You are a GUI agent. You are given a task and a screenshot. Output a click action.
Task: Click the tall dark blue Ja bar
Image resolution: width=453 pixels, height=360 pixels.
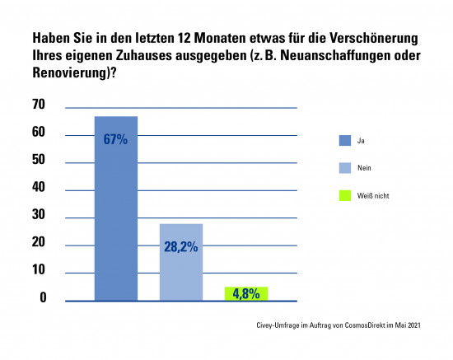(x=116, y=208)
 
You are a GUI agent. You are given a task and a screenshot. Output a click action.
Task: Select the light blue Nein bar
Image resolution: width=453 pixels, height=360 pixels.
(x=181, y=262)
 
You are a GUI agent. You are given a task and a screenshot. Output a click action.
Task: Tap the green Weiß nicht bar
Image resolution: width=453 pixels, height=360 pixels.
(x=246, y=294)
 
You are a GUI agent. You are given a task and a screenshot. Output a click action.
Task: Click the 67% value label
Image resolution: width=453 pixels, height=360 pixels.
(x=115, y=139)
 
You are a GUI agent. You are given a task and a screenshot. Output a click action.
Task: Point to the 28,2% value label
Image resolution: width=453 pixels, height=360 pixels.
(x=181, y=247)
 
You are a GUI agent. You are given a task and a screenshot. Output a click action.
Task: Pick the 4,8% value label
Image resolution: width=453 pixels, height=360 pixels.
(x=246, y=294)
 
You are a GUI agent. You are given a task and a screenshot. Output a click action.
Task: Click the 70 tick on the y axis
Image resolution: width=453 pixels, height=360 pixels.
(x=39, y=105)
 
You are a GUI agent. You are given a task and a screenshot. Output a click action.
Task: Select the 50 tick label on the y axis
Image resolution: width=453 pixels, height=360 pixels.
(x=39, y=160)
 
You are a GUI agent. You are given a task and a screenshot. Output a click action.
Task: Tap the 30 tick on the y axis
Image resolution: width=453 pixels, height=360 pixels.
(x=39, y=215)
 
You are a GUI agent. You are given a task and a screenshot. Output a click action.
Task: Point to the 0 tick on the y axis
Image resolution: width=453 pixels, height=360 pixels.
(x=43, y=297)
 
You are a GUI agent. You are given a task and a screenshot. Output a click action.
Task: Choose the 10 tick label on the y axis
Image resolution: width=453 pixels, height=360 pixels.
(x=39, y=269)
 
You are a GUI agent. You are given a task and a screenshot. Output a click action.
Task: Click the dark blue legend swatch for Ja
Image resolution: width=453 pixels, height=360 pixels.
(x=345, y=140)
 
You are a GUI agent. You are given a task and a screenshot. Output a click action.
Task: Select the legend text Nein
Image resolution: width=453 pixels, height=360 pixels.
(x=364, y=168)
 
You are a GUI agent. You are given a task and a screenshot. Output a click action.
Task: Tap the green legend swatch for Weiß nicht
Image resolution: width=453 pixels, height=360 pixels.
(x=345, y=195)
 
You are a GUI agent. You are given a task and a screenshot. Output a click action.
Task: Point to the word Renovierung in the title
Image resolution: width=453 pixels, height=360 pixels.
(x=68, y=72)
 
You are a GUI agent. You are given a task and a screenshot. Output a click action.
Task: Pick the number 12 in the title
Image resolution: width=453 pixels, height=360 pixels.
(x=184, y=38)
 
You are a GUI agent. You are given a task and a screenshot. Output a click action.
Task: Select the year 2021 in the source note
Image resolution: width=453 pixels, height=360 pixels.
(x=414, y=325)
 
